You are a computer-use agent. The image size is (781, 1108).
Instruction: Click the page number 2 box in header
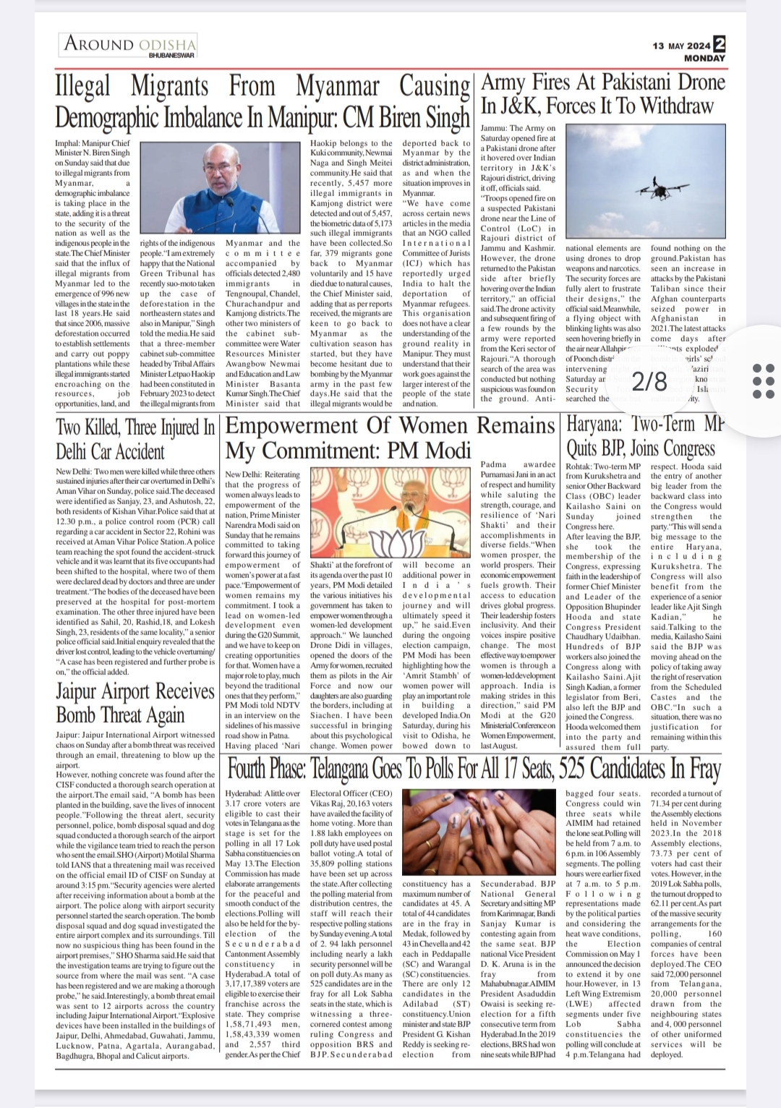pyautogui.click(x=720, y=44)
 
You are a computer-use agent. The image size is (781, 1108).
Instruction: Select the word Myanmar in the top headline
pyautogui.click(x=343, y=87)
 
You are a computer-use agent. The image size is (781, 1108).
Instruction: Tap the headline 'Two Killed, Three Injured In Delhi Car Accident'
pyautogui.click(x=135, y=438)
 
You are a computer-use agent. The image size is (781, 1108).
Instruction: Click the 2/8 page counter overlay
pyautogui.click(x=649, y=381)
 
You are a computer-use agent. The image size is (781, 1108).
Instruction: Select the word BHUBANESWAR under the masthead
pyautogui.click(x=171, y=56)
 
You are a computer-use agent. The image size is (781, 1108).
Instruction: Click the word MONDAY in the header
pyautogui.click(x=704, y=58)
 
